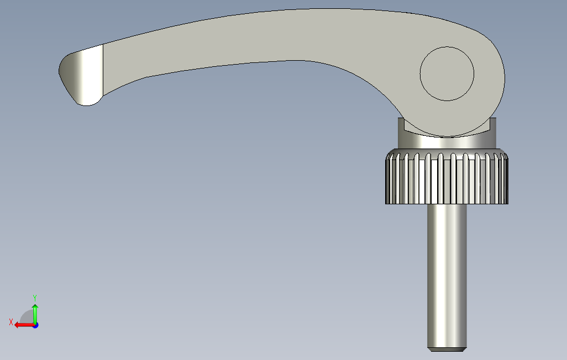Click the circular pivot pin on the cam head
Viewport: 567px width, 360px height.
pyautogui.click(x=447, y=74)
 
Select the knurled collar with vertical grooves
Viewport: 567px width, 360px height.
pyautogui.click(x=447, y=177)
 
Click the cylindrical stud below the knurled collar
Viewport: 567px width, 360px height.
pyautogui.click(x=447, y=277)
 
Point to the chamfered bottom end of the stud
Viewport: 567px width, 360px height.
pyautogui.click(x=447, y=350)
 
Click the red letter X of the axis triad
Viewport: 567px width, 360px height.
pyautogui.click(x=11, y=322)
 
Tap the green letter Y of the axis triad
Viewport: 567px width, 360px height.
pyautogui.click(x=35, y=298)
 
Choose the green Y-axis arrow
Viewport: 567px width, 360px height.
pyautogui.click(x=35, y=314)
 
